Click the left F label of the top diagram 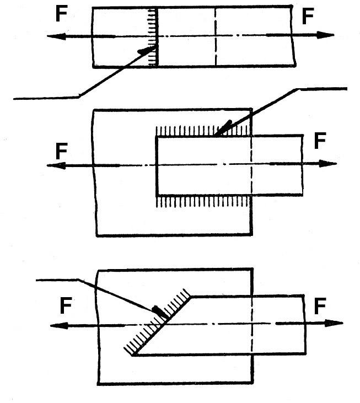[x=62, y=14]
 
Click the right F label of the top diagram [x=308, y=17]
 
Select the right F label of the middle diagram [x=320, y=141]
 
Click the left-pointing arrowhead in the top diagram [x=53, y=36]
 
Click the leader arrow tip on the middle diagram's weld [x=216, y=134]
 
